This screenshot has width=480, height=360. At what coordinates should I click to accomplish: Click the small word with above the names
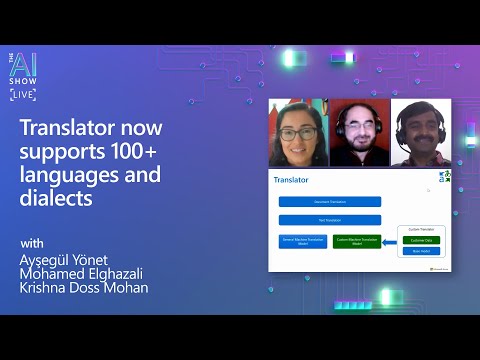32,243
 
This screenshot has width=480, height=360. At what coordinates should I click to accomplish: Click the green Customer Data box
420,240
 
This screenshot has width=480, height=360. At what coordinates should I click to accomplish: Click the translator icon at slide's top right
445,177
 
